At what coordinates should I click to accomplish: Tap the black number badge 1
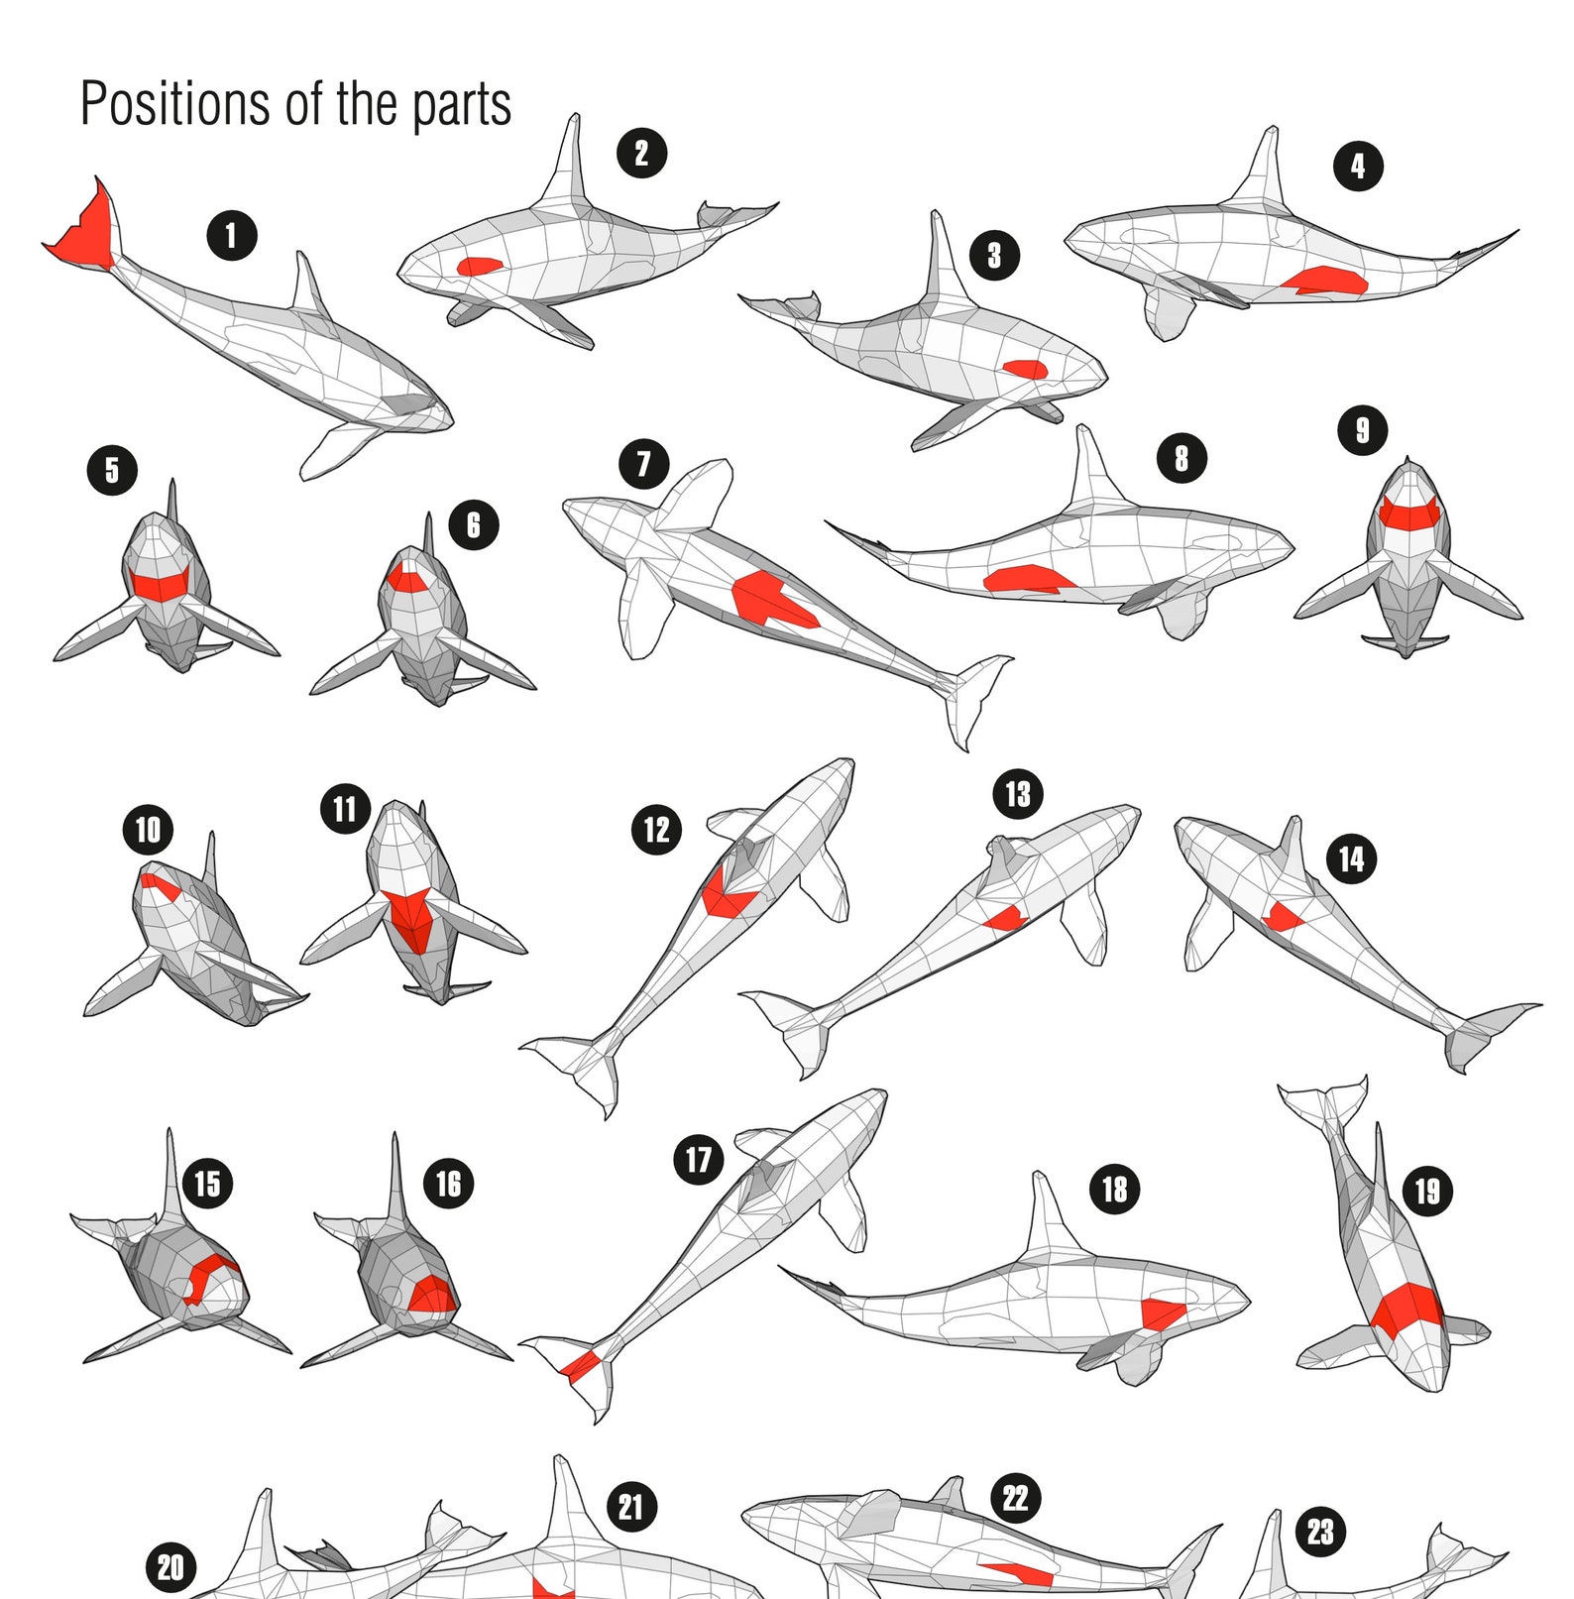tap(232, 236)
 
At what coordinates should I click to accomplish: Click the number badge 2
tap(642, 154)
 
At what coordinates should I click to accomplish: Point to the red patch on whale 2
tap(480, 266)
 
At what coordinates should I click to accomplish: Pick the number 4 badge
tap(1358, 166)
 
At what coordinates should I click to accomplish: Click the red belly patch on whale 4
tap(1325, 282)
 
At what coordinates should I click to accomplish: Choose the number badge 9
tap(1363, 430)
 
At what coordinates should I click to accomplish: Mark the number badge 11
tap(345, 809)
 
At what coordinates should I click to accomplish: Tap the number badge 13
tap(1018, 794)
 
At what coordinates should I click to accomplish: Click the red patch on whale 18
tap(1163, 1313)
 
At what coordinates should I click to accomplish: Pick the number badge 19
tap(1427, 1191)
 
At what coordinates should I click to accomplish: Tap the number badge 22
tap(1016, 1498)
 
